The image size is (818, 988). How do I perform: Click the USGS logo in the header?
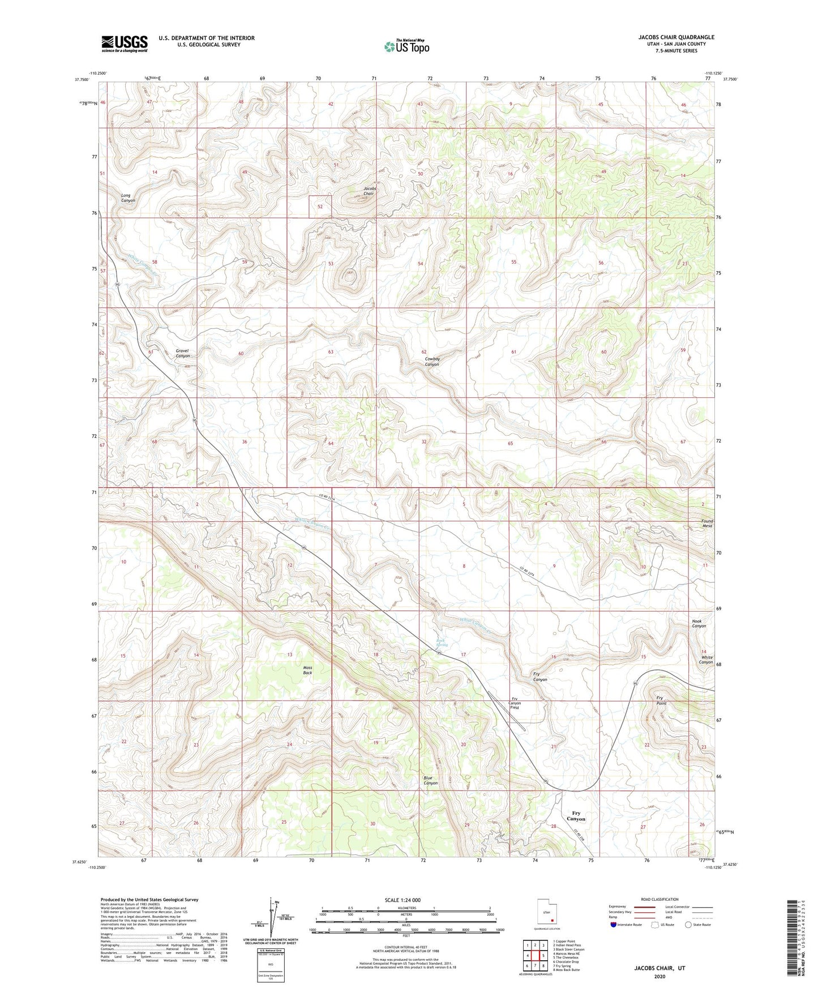(x=124, y=44)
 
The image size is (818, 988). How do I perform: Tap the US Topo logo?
(x=406, y=46)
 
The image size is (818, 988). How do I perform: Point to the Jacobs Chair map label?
(x=369, y=191)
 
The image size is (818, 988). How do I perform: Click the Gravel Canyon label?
(x=182, y=353)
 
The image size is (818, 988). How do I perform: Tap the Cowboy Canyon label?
(x=432, y=362)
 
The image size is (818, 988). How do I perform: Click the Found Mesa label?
(x=706, y=523)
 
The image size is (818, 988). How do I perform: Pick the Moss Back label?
(x=307, y=670)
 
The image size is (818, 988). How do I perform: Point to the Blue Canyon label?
(x=430, y=780)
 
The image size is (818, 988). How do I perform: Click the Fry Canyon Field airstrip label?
(x=515, y=703)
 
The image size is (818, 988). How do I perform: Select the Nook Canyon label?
(x=699, y=624)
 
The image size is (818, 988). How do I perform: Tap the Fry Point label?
(x=661, y=701)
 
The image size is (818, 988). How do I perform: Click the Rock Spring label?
(x=441, y=643)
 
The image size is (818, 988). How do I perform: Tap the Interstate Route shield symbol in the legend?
(x=614, y=925)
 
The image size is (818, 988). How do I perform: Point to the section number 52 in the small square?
(x=320, y=207)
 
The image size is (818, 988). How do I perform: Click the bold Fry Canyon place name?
(x=576, y=815)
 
